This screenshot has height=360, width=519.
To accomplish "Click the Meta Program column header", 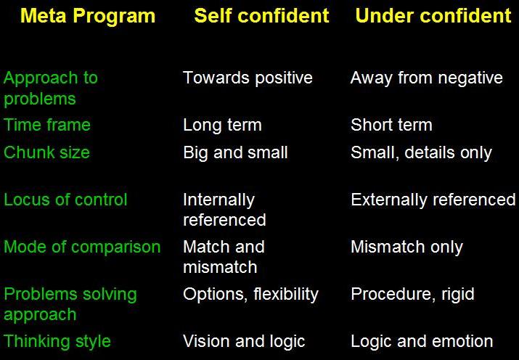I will coord(88,16).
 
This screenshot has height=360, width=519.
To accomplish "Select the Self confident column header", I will coord(261,16).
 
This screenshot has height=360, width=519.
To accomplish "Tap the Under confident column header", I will coord(433,16).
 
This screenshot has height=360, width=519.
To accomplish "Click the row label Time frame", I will coord(47,125).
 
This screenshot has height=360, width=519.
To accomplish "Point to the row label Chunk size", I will coord(46,152).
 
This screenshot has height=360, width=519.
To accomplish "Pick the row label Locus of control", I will coord(65,200).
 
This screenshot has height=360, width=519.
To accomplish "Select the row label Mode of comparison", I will coord(82,247).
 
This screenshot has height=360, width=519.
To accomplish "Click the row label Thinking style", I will coord(57,341).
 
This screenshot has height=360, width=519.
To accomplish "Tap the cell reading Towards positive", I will coord(248,78).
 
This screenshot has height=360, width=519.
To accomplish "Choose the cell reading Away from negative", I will coord(426,78).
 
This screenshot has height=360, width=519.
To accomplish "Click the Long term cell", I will coord(222,125).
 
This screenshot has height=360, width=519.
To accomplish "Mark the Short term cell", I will coord(391,125).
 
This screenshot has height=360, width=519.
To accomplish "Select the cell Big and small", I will coord(235,152).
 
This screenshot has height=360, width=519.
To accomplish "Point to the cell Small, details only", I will coord(421,152).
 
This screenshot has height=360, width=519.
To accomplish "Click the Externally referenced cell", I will coord(433,200).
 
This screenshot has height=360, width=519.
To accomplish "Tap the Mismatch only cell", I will coord(406,247).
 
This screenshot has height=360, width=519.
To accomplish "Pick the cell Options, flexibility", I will coord(250,294).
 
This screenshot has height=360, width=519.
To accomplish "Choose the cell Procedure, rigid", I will coord(412,294).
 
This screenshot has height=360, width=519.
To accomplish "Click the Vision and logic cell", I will coord(244,341).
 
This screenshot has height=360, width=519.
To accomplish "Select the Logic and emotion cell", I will coord(422,341).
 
